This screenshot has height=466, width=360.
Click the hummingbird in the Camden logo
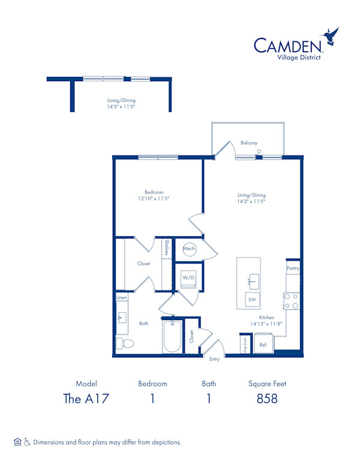[x=330, y=36]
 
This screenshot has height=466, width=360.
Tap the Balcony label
[x=249, y=143]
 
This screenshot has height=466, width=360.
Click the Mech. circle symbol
[x=189, y=249]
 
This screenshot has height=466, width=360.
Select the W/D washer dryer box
[x=188, y=279]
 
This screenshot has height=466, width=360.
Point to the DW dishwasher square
[x=252, y=300]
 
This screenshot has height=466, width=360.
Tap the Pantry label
[x=293, y=268]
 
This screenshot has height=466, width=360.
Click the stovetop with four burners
[x=292, y=301]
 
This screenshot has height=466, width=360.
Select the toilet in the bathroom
[x=125, y=343]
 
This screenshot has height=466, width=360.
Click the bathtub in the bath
[x=172, y=336]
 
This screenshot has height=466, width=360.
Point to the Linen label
[x=121, y=297]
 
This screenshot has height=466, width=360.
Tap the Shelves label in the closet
[x=167, y=247]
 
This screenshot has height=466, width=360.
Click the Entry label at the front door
[x=214, y=359]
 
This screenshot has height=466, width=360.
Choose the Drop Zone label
[x=245, y=345]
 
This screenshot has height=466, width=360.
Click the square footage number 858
[x=267, y=399]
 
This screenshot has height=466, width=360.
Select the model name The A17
[x=86, y=399]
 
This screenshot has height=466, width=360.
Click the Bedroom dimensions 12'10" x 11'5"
[x=154, y=199]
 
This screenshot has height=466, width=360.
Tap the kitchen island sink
[x=254, y=281]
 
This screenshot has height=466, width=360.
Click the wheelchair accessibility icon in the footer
[x=27, y=442]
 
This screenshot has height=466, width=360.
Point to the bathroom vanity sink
[x=121, y=318]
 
